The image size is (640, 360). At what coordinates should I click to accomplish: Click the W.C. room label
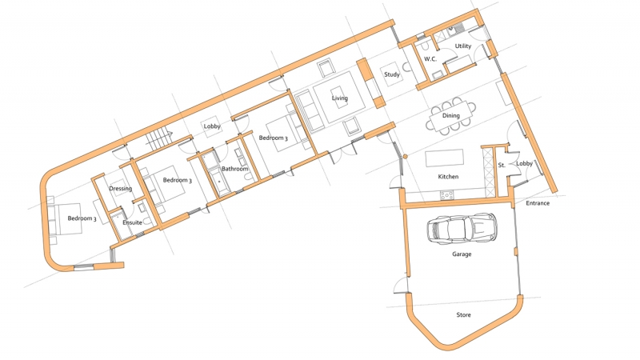tap(430, 59)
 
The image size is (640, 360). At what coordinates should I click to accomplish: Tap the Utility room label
tap(463, 46)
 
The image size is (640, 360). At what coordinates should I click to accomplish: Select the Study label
tap(392, 75)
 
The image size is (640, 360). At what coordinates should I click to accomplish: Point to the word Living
tap(341, 98)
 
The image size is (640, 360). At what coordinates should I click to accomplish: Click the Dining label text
tap(451, 116)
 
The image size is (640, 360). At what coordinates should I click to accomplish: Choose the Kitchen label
tap(448, 176)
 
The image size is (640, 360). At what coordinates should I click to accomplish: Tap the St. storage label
tap(502, 165)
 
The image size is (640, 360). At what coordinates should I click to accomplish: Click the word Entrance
tap(538, 203)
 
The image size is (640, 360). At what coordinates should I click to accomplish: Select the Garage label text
tap(462, 254)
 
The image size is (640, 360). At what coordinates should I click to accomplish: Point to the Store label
tap(463, 315)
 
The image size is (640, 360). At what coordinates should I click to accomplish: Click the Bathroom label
tap(235, 169)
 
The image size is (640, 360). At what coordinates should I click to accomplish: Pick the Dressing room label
tap(120, 189)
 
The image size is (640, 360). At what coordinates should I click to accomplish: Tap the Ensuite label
tap(132, 222)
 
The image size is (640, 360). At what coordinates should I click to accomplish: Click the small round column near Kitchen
tap(406, 155)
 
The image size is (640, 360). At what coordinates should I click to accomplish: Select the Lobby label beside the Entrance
tap(524, 164)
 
